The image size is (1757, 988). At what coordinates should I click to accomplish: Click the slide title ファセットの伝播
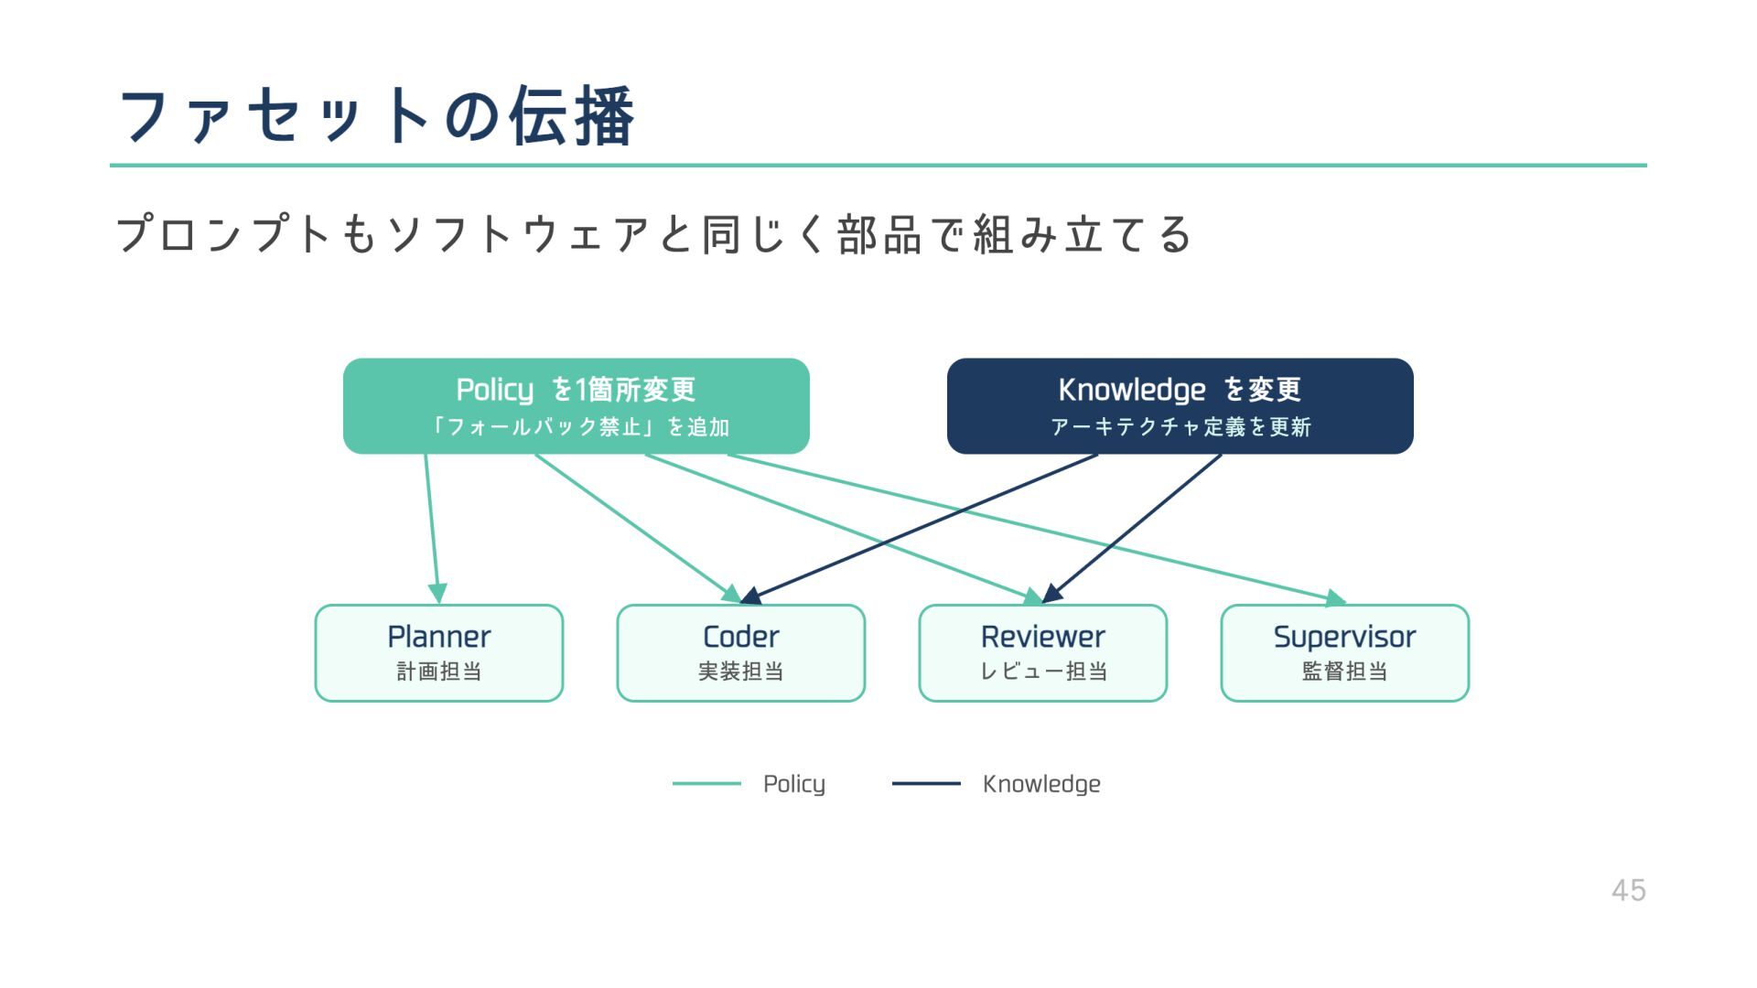[376, 116]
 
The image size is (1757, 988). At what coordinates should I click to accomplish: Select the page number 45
[1628, 890]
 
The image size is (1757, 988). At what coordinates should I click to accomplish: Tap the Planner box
[438, 652]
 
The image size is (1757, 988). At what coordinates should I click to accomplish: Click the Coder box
[740, 652]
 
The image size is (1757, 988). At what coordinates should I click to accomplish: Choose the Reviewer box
[1042, 652]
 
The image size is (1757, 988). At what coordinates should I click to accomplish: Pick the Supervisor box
[1344, 652]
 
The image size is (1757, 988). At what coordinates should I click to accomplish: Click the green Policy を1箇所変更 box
[576, 405]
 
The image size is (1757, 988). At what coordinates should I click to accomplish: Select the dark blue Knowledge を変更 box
[1180, 405]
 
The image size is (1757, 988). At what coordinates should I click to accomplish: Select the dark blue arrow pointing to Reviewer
[1135, 526]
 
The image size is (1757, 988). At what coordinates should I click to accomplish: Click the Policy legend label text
[793, 784]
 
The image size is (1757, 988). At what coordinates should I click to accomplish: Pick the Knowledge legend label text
[1040, 784]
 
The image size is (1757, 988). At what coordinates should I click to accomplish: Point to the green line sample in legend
[706, 784]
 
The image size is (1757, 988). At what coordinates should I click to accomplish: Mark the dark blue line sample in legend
[926, 784]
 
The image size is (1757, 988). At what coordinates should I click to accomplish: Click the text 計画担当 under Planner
[438, 671]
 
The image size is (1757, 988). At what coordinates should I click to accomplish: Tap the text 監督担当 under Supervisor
[1344, 671]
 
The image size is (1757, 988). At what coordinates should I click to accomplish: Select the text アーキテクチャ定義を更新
[1180, 427]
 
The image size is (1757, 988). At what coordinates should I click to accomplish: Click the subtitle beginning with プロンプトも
[653, 234]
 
